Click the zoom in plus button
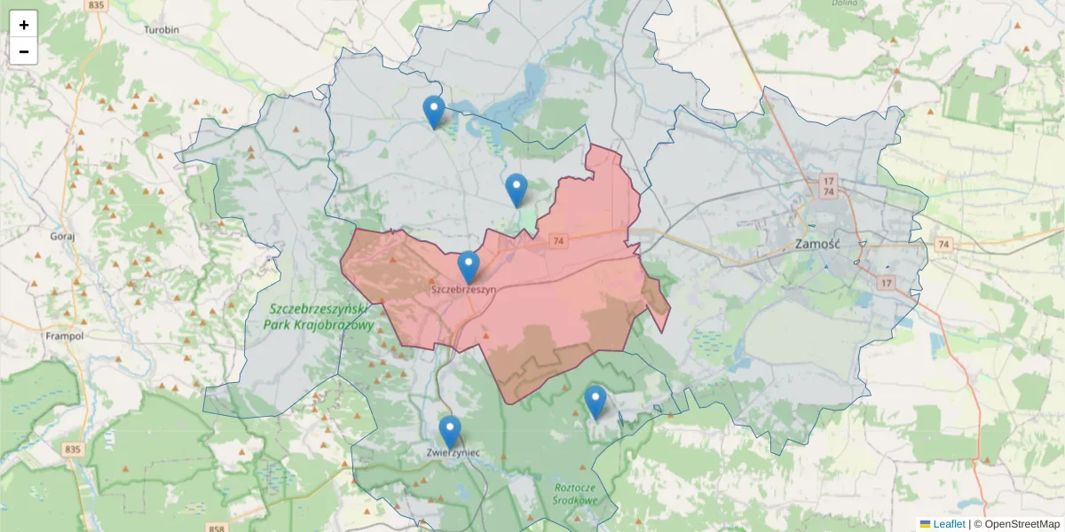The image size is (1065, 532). (24, 25)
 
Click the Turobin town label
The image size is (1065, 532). (162, 29)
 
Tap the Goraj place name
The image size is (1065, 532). (62, 237)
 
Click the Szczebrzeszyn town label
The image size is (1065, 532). (462, 289)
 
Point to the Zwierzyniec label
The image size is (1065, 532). (453, 453)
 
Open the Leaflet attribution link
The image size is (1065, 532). (949, 524)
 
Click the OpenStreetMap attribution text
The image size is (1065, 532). (1021, 524)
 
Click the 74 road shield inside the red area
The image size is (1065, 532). (558, 240)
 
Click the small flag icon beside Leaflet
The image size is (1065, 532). (926, 524)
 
